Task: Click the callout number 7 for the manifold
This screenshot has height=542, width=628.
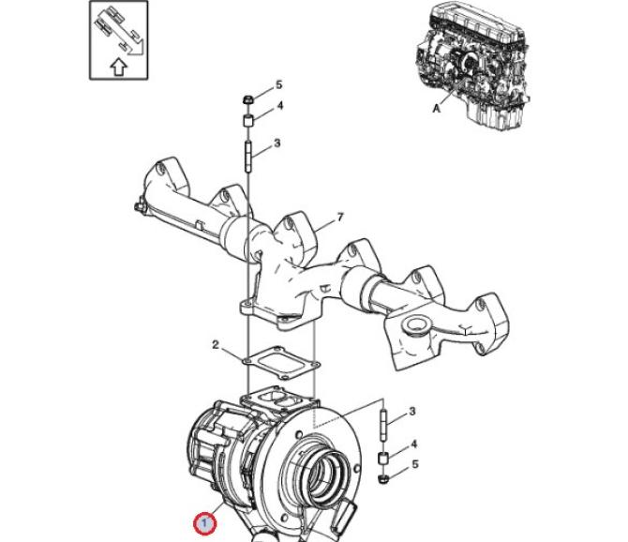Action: click(x=340, y=218)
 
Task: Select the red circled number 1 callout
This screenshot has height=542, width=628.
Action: click(x=202, y=521)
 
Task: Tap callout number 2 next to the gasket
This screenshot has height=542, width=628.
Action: click(x=215, y=345)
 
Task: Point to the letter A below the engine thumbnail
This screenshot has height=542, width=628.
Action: click(x=435, y=109)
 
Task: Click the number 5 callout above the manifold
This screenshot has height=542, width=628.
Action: click(x=278, y=85)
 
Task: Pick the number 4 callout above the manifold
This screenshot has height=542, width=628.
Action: click(x=278, y=107)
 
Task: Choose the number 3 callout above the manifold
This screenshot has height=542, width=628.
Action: click(x=278, y=143)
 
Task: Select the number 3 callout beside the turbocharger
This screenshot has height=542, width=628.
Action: click(x=412, y=411)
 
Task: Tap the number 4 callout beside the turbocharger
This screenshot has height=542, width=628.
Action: click(x=412, y=444)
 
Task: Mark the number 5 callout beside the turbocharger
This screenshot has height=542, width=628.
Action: click(x=412, y=463)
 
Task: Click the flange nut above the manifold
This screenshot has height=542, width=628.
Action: click(x=249, y=98)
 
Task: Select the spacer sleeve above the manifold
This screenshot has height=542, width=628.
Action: click(x=249, y=119)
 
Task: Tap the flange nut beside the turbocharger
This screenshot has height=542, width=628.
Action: click(x=383, y=480)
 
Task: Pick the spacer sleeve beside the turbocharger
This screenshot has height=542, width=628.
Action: click(x=383, y=459)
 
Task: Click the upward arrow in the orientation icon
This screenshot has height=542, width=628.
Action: click(x=117, y=67)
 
